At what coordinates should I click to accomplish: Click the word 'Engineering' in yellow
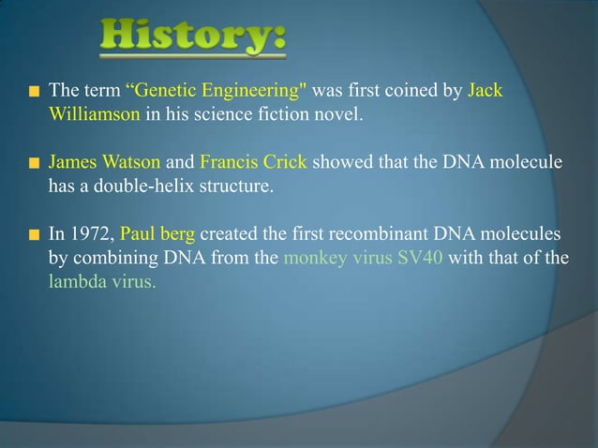(254, 91)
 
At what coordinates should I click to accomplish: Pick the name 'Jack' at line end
(485, 91)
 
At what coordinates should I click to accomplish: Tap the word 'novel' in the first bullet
(336, 114)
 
